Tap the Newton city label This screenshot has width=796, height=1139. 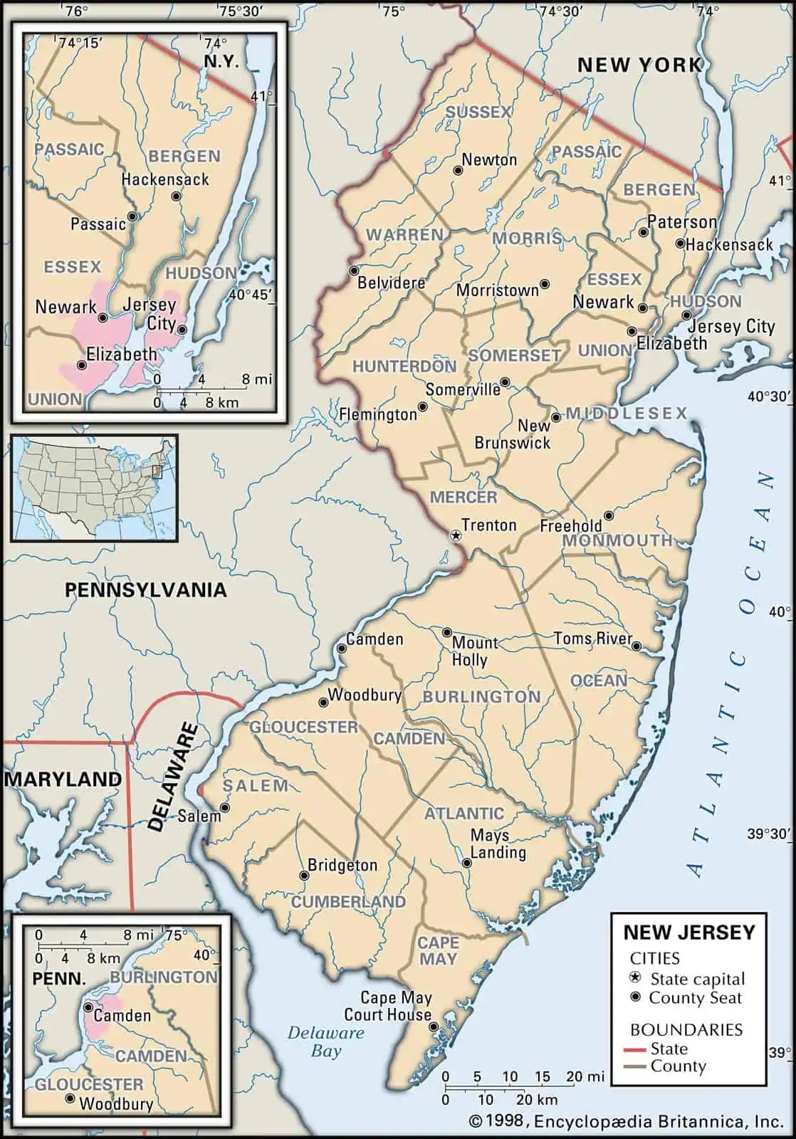(489, 160)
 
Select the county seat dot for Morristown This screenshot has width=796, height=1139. (545, 284)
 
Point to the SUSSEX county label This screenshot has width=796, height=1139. (478, 112)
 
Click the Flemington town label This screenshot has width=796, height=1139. (377, 414)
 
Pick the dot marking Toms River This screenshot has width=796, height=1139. (637, 646)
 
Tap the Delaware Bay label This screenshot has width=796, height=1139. (325, 1041)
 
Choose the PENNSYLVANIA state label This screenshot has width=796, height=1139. (145, 589)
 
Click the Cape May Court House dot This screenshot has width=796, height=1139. (434, 1027)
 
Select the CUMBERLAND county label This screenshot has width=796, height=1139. (348, 902)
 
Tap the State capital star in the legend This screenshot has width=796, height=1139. (636, 979)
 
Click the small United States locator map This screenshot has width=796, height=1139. (94, 488)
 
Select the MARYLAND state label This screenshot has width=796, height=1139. (63, 780)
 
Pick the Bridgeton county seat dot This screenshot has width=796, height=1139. (305, 876)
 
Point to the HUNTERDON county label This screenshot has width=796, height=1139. (404, 367)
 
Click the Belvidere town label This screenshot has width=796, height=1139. (391, 283)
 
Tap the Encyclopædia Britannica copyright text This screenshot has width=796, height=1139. (627, 1122)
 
